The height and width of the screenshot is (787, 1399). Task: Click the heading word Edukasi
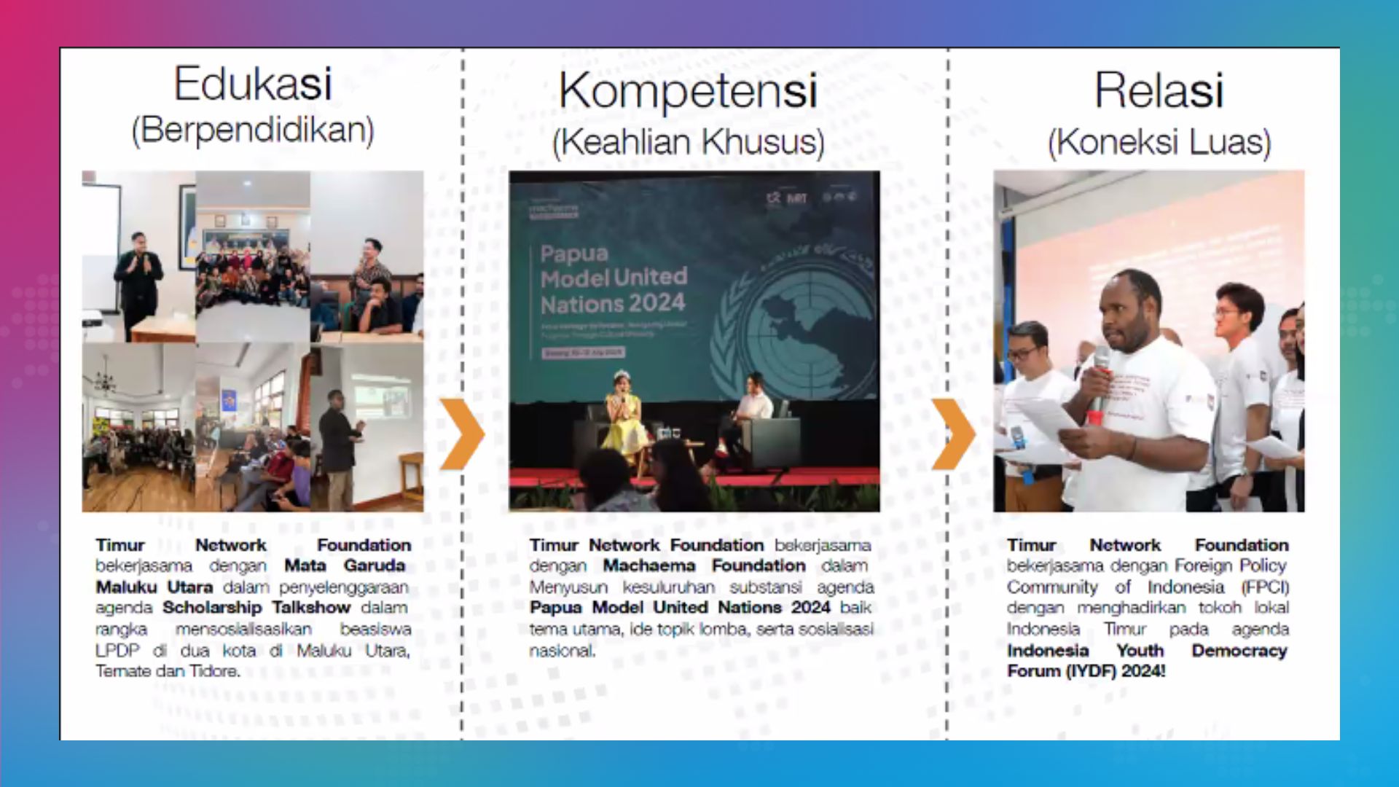tap(252, 84)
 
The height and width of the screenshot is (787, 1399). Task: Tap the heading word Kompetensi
tap(687, 91)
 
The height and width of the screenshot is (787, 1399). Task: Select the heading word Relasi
tap(1158, 91)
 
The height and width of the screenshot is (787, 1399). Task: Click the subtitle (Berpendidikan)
tap(252, 130)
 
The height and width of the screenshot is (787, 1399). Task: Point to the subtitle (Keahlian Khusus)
tap(687, 141)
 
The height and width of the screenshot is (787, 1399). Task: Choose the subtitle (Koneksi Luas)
tap(1159, 141)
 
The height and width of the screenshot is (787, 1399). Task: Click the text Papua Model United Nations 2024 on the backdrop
tap(613, 278)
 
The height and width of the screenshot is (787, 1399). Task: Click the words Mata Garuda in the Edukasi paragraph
tap(344, 565)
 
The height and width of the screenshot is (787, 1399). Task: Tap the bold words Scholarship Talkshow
tap(256, 608)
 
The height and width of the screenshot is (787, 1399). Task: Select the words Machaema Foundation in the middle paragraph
tap(703, 565)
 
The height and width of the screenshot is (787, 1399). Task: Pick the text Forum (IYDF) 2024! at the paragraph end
tap(1086, 671)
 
